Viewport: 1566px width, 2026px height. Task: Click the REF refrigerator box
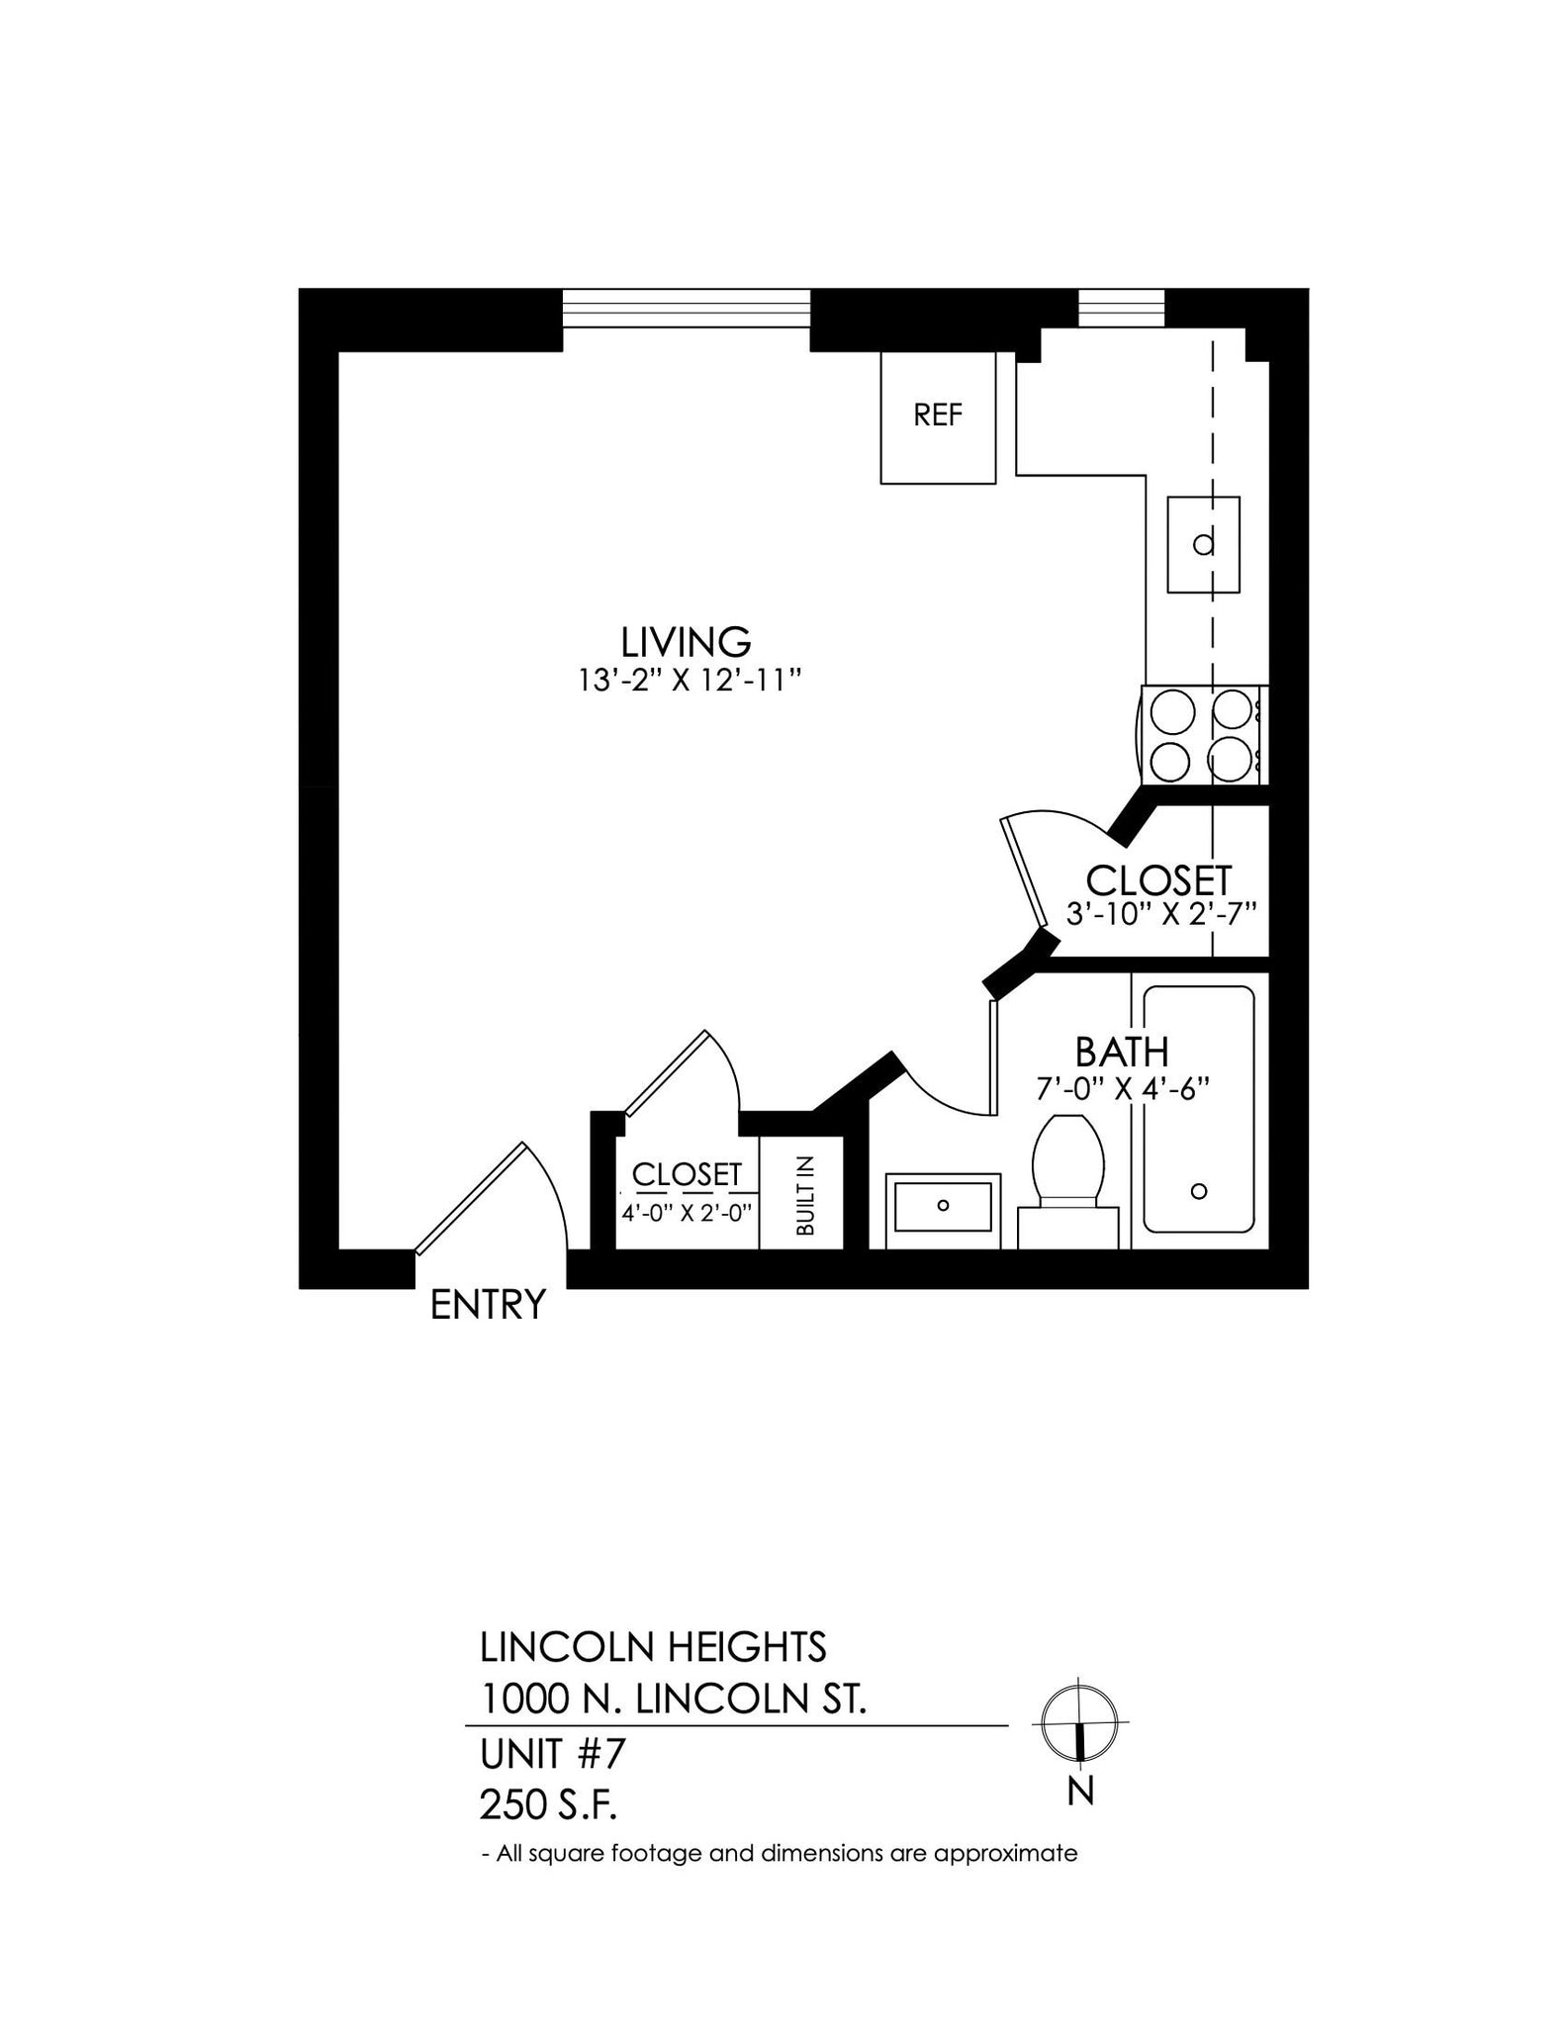pos(938,417)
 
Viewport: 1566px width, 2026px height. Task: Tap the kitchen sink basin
pos(1203,544)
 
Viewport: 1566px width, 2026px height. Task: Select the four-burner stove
pos(1204,735)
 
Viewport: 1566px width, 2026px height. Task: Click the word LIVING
pos(686,642)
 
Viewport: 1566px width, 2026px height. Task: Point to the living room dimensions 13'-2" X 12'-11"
pos(689,681)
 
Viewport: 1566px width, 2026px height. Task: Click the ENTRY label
pos(488,1305)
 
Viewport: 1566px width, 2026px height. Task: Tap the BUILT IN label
pos(805,1195)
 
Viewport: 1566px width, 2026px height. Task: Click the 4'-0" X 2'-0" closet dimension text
pos(687,1212)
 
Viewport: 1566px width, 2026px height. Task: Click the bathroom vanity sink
pos(943,1204)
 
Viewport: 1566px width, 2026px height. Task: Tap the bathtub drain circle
pos(1199,1191)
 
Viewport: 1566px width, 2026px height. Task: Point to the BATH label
pos(1122,1052)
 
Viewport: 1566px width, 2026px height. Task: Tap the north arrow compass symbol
pos(1079,1722)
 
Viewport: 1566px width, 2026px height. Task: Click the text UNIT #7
pos(553,1754)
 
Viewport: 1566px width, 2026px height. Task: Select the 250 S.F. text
pos(548,1805)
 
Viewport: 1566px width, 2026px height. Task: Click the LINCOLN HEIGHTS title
pos(653,1647)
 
